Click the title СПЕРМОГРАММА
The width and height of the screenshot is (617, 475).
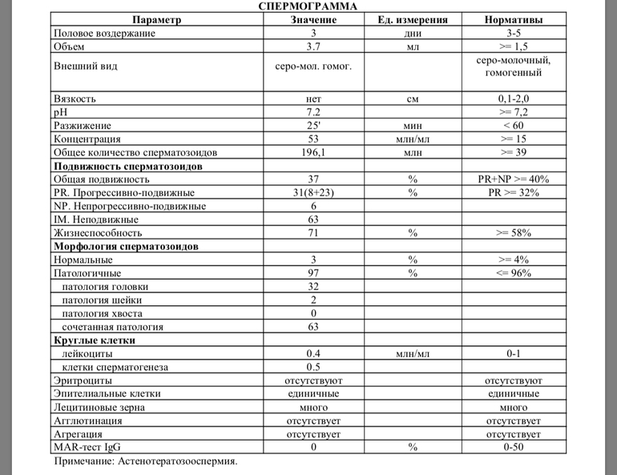pos(308,6)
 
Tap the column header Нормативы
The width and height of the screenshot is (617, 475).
pos(513,20)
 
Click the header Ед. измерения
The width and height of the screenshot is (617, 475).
pos(413,20)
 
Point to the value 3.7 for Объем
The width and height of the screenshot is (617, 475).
pos(314,47)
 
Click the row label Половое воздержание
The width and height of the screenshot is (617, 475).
pos(104,34)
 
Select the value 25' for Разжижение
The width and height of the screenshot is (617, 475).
pos(314,126)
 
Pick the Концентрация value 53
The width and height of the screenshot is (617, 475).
pos(314,139)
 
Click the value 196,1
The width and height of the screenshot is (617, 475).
pos(314,152)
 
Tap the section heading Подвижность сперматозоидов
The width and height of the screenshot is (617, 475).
pos(127,166)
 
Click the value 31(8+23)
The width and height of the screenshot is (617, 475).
pos(314,193)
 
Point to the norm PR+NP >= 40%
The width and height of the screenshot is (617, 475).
pos(513,179)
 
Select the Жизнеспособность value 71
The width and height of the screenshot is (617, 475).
pos(314,233)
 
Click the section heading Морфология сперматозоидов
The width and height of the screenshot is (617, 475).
pos(126,247)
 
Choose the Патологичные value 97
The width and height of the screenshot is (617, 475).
pos(314,273)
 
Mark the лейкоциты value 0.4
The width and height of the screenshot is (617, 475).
pos(314,353)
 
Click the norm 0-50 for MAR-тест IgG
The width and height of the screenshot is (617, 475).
pos(513,447)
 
